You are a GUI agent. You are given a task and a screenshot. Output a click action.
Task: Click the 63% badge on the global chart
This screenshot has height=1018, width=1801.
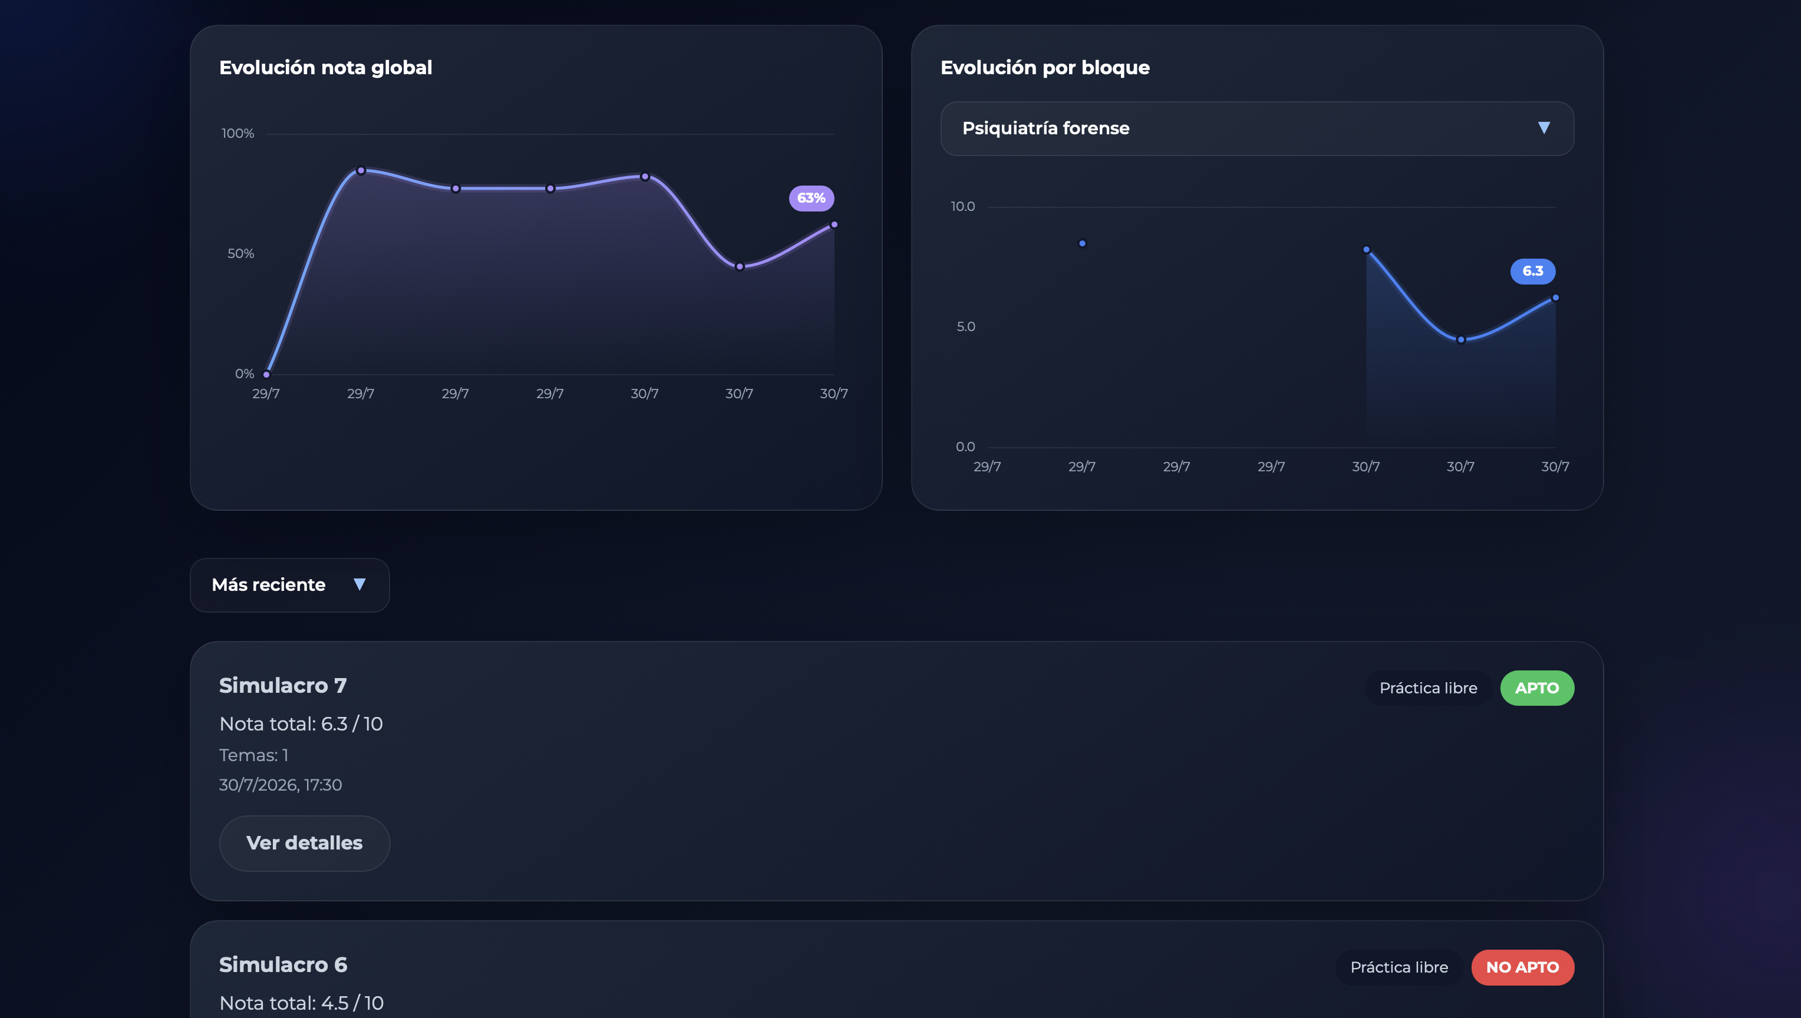pyautogui.click(x=812, y=198)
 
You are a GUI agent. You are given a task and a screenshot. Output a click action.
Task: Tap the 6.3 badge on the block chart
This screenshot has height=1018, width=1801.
pyautogui.click(x=1532, y=271)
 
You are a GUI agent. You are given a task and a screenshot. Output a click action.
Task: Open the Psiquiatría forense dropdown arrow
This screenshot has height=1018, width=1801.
pyautogui.click(x=1543, y=128)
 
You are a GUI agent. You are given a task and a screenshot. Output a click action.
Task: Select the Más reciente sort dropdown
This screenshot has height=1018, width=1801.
pyautogui.click(x=289, y=584)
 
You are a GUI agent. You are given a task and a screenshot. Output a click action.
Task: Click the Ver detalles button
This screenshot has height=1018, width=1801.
pyautogui.click(x=304, y=843)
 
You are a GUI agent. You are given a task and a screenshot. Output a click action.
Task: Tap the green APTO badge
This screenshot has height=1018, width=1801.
pyautogui.click(x=1536, y=688)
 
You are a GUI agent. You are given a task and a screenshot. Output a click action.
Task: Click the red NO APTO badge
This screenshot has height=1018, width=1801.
pyautogui.click(x=1523, y=967)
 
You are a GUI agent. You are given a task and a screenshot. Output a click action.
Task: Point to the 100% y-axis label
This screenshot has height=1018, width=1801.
pyautogui.click(x=238, y=134)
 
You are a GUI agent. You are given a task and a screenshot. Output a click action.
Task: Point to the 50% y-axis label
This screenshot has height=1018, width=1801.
pyautogui.click(x=240, y=254)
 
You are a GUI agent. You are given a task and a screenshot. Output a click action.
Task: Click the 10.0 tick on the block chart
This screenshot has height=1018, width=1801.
pyautogui.click(x=962, y=206)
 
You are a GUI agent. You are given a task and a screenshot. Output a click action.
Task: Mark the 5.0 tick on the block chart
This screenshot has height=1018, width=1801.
pyautogui.click(x=966, y=326)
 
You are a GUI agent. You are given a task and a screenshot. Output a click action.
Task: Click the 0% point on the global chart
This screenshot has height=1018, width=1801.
pyautogui.click(x=266, y=374)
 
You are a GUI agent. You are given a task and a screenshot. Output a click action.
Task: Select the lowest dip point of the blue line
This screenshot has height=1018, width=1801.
pyautogui.click(x=1461, y=340)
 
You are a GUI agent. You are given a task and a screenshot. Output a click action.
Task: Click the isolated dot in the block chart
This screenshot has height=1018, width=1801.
pyautogui.click(x=1082, y=243)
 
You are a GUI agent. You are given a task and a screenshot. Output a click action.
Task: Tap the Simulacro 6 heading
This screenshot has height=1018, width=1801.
pyautogui.click(x=283, y=965)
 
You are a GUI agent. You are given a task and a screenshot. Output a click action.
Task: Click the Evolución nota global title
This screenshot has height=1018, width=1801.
pyautogui.click(x=326, y=67)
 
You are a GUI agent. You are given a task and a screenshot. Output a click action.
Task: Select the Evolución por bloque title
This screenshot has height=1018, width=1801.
pyautogui.click(x=1045, y=67)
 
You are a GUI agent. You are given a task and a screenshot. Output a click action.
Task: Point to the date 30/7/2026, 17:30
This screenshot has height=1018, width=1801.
pyautogui.click(x=281, y=785)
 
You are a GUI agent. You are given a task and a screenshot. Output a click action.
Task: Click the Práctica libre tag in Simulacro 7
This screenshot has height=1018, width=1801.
pyautogui.click(x=1428, y=688)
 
